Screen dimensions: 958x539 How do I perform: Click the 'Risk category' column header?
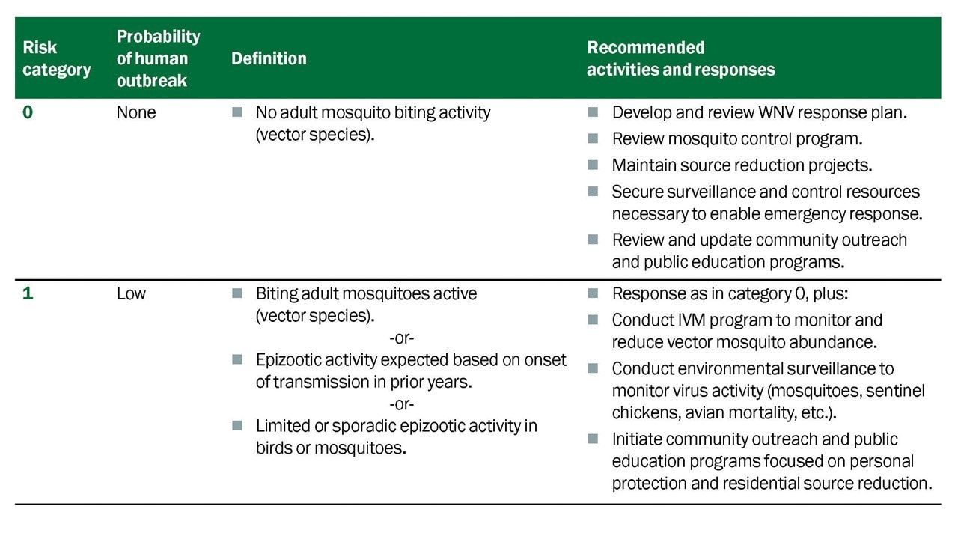coord(56,58)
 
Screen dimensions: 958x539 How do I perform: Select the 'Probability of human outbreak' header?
coord(158,58)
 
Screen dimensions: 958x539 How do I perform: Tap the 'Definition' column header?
coord(269,58)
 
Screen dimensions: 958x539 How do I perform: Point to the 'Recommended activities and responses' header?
coord(681,58)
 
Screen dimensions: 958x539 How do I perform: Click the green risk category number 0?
coord(28,112)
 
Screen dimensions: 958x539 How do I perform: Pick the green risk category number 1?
coord(28,293)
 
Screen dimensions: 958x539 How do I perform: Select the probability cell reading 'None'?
coord(136,112)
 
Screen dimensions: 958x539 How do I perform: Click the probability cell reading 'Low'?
coord(131,294)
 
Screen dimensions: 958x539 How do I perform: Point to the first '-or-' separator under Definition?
coord(402,338)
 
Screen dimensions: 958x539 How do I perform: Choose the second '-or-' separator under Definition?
coord(402,404)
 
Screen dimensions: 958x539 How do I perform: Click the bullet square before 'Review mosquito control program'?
coord(593,138)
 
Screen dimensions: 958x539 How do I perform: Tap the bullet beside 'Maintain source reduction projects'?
coord(593,165)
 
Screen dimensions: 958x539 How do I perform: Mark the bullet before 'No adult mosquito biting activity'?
coord(237,112)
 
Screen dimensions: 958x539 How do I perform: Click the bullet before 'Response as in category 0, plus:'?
coord(593,293)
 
